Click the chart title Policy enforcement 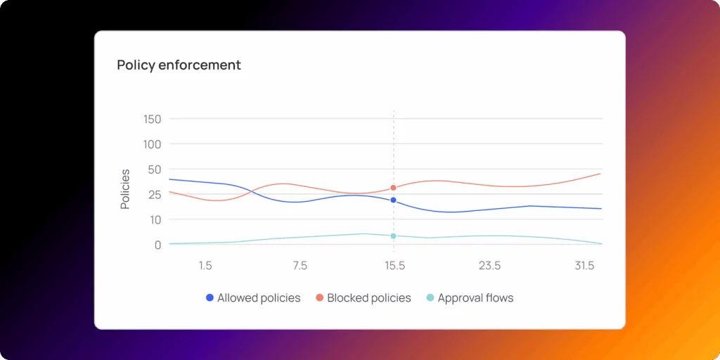pos(179,65)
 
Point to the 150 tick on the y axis pos(152,119)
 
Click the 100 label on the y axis pos(152,144)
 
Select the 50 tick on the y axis pos(154,169)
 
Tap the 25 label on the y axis pos(154,194)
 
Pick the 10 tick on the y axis pos(155,219)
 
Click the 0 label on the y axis pos(157,245)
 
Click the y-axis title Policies pos(125,189)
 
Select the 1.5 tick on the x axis pos(205,266)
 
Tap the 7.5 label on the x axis pos(300,266)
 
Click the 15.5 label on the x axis pos(394,266)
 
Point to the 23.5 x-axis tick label pos(489,266)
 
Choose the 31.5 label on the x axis pos(584,266)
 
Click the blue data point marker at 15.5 pos(393,200)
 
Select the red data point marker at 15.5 pos(393,188)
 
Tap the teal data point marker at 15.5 pos(393,236)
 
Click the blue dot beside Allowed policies pos(210,297)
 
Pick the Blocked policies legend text pos(368,298)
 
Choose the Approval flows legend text pos(475,298)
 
